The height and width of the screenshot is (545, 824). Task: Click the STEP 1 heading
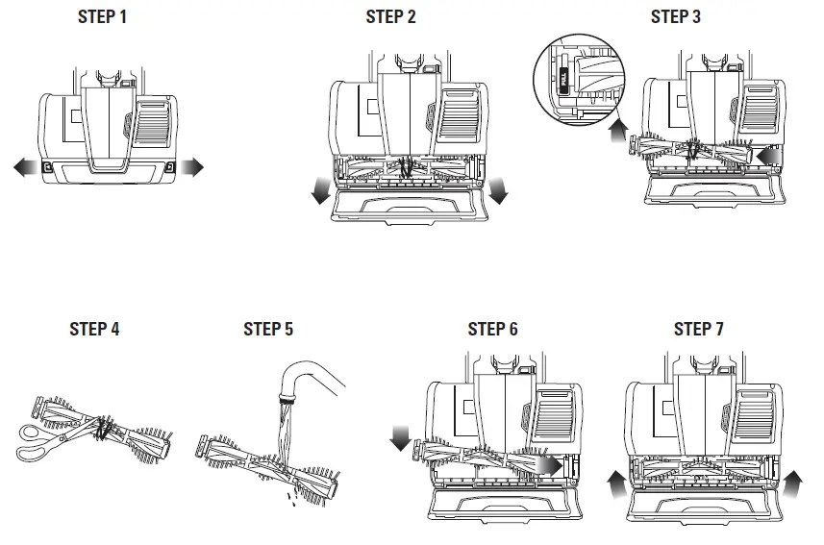tap(102, 17)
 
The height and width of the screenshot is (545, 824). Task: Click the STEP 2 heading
tap(390, 17)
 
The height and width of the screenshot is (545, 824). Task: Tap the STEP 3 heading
tap(675, 17)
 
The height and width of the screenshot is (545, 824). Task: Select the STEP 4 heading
tap(94, 329)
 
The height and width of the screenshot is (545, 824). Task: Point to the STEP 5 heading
tap(268, 329)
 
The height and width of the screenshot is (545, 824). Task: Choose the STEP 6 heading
tap(492, 329)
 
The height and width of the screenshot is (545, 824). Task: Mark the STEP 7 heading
tap(699, 329)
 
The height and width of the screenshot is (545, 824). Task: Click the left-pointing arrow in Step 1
tap(24, 168)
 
